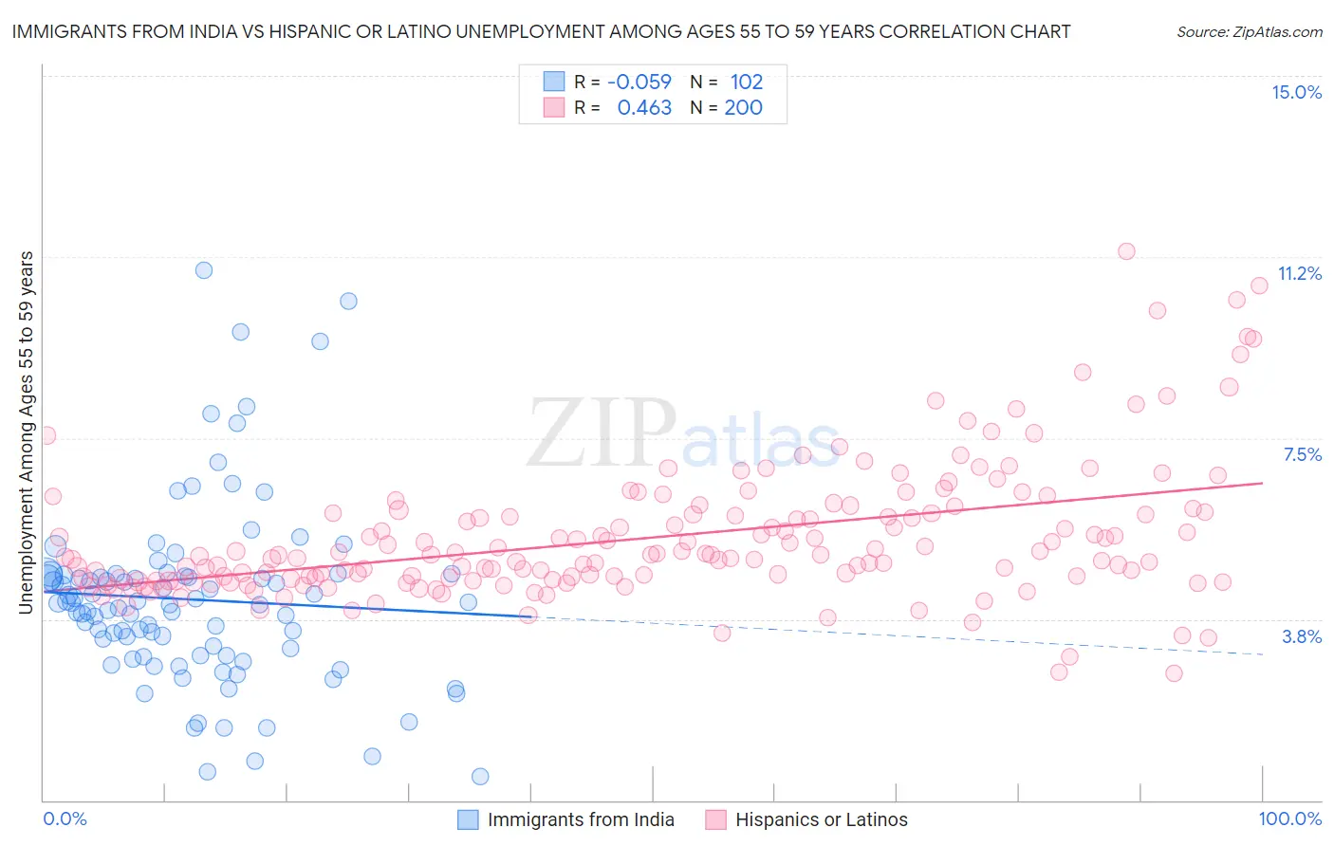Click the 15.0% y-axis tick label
coord(1296,92)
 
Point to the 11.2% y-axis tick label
coord(1299,274)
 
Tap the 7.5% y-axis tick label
coord(1302,455)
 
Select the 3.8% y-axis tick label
coord(1302,636)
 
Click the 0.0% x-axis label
coord(65,819)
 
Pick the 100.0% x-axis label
coord(1289,819)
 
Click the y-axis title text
coord(27,432)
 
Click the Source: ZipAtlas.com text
coord(1249,31)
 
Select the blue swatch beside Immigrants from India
coord(468,819)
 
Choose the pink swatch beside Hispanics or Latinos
coord(715,819)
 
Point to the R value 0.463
coord(644,108)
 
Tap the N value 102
coord(746,82)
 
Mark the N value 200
coord(743,108)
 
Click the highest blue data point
coord(204,270)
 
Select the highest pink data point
coord(1126,251)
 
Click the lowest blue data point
coord(480,777)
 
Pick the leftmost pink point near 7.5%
coord(46,436)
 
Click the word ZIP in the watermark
coord(601,434)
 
